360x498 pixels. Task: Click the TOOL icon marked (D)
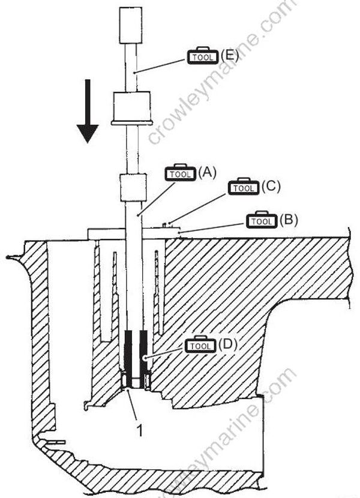[x=200, y=346]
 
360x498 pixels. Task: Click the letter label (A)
[x=206, y=173]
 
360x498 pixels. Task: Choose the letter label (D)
[x=226, y=346]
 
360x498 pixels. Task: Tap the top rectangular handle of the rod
[x=130, y=26]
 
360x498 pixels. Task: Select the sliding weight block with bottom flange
[x=130, y=108]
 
